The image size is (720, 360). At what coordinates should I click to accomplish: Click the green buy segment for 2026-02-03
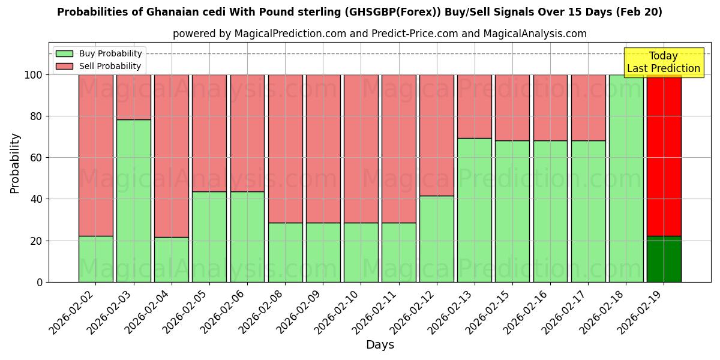[x=133, y=200]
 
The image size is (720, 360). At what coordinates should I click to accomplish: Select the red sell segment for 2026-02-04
[x=172, y=155]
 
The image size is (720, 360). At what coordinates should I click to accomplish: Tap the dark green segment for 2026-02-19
[x=664, y=259]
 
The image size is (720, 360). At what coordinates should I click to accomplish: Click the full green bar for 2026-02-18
[x=626, y=178]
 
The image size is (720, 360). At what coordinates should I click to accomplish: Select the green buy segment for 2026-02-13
[x=475, y=210]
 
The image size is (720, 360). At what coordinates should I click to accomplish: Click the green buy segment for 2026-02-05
[x=209, y=236]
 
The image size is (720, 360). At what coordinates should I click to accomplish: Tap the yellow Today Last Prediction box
[x=664, y=62]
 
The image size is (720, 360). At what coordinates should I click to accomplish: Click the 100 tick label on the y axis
[x=33, y=75]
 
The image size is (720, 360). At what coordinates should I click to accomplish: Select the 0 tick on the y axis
[x=40, y=282]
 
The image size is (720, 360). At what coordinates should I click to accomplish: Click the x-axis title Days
[x=380, y=345]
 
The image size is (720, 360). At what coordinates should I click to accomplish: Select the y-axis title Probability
[x=15, y=163]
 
